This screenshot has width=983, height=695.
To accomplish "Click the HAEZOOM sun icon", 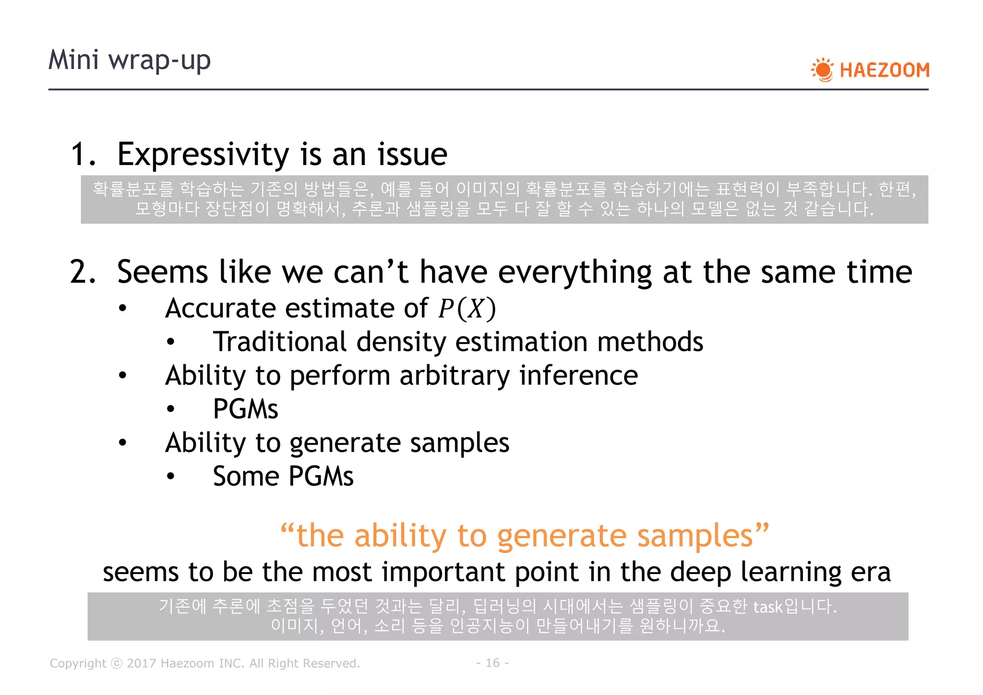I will (x=823, y=70).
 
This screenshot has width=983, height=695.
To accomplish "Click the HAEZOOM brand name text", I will (x=884, y=70).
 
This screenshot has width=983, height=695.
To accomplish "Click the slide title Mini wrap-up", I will (x=130, y=60).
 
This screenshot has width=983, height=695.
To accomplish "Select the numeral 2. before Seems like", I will (x=83, y=272).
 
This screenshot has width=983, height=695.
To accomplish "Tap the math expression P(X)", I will (x=467, y=309).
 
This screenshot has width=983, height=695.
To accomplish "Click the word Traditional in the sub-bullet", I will (x=279, y=342).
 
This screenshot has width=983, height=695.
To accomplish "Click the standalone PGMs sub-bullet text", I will (x=245, y=409).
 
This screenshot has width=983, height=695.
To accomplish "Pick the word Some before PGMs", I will (x=246, y=477).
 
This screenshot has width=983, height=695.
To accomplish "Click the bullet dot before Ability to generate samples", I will (x=123, y=443).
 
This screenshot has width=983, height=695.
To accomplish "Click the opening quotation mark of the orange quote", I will (x=287, y=530).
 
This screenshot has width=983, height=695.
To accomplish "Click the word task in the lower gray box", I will (x=767, y=607).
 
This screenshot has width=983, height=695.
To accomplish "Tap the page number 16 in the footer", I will (x=492, y=663).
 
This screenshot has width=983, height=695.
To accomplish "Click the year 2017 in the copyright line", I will (x=141, y=663).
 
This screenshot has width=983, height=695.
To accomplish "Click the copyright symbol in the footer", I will (x=117, y=663).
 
